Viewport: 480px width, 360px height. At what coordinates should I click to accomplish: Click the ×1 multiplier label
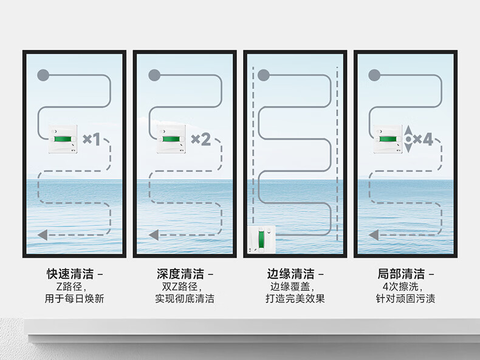coord(91,140)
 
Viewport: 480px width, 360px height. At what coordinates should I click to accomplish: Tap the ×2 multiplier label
coord(201,140)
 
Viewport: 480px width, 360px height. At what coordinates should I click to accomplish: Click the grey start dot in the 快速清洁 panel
coord(43,75)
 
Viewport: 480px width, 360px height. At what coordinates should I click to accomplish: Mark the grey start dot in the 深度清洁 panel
coord(154,75)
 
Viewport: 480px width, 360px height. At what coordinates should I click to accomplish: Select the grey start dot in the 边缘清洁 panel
coord(264,75)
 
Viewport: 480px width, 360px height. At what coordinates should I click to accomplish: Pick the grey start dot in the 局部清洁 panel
coord(374,75)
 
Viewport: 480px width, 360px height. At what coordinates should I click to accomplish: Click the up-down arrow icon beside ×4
coord(408,140)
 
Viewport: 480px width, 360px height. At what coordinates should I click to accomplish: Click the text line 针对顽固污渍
coord(406,299)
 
